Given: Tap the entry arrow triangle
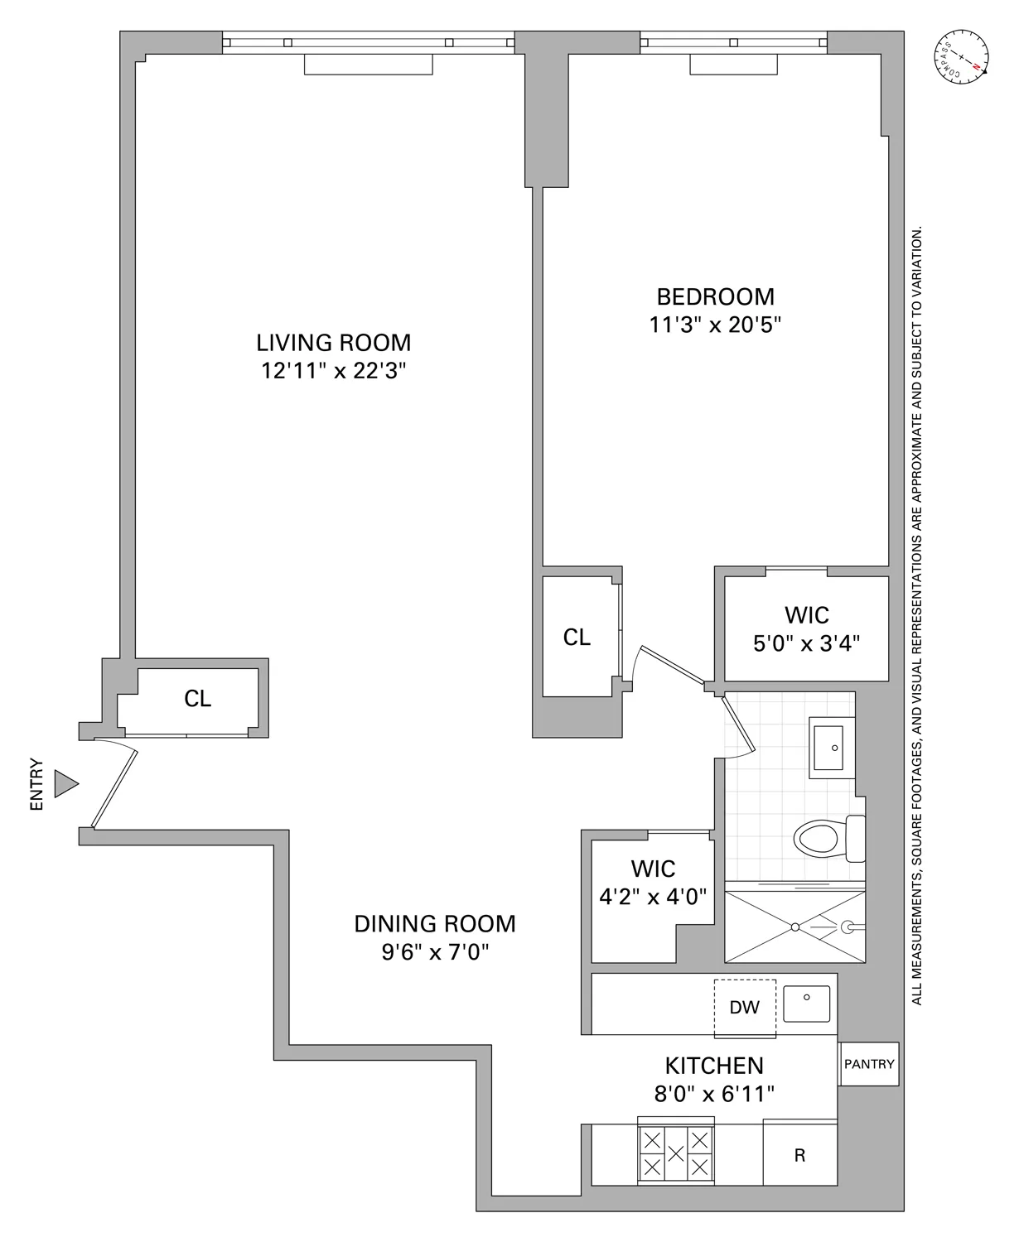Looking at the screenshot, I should [x=65, y=783].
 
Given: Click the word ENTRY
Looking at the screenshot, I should [x=36, y=783].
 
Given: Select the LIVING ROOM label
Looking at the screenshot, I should [x=333, y=343].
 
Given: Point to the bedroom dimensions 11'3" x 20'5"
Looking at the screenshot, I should [x=715, y=324].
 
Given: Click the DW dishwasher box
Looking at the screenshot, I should [x=745, y=1007].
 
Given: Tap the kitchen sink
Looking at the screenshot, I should [x=806, y=1004].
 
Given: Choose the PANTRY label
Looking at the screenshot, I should [x=869, y=1064].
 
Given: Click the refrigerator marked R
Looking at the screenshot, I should [x=799, y=1155].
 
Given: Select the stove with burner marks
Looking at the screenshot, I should [x=676, y=1153].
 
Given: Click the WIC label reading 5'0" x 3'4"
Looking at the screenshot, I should [x=806, y=643].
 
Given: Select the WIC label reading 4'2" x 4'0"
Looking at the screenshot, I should [x=653, y=896].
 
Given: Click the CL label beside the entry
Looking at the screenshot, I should [x=197, y=700].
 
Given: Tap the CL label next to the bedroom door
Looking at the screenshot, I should [x=577, y=637].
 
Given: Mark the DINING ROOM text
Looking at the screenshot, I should [x=435, y=924].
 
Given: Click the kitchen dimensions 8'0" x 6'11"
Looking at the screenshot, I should [x=714, y=1095].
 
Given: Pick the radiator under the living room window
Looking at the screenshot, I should [x=368, y=65].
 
